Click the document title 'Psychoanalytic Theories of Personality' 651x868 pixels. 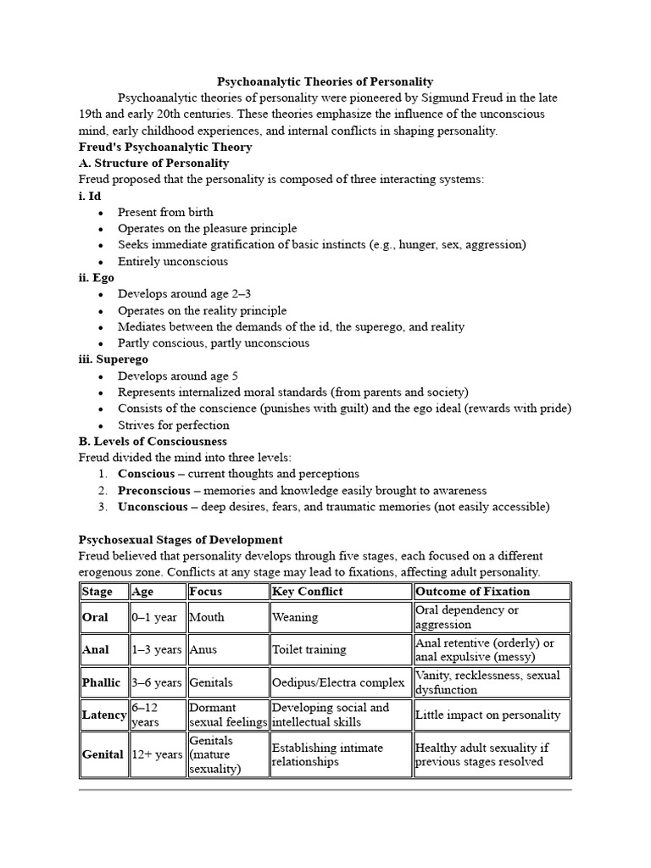click(x=325, y=81)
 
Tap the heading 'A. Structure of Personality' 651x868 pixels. click(x=153, y=163)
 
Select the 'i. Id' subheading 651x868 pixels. click(x=89, y=196)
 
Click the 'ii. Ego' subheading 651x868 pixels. click(x=96, y=277)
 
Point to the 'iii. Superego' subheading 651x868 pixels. click(x=113, y=359)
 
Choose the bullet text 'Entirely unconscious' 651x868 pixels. click(x=172, y=261)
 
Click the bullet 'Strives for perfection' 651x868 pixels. click(x=173, y=425)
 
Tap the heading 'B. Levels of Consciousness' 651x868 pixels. click(x=153, y=442)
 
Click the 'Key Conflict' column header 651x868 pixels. click(x=307, y=592)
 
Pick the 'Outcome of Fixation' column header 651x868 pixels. click(x=472, y=592)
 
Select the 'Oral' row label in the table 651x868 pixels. click(x=95, y=617)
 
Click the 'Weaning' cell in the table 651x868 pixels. click(x=295, y=617)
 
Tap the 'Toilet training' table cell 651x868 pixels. click(x=309, y=650)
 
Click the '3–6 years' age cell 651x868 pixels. click(x=156, y=682)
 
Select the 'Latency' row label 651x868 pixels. click(x=104, y=715)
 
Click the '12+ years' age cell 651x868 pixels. click(x=157, y=754)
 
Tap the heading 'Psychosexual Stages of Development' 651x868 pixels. click(x=181, y=539)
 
